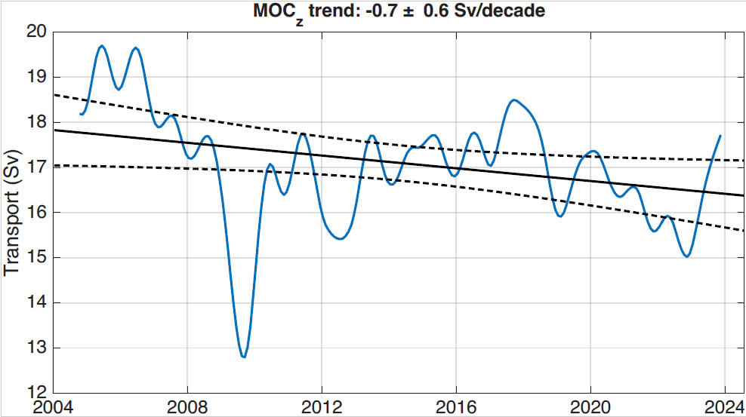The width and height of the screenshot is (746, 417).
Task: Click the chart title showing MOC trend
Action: click(x=399, y=12)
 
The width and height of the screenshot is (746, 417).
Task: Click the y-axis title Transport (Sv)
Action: click(x=11, y=213)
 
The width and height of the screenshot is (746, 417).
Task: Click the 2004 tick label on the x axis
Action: click(x=54, y=407)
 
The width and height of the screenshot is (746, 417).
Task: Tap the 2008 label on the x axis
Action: click(x=187, y=407)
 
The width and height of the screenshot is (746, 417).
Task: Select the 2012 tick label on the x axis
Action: click(x=322, y=407)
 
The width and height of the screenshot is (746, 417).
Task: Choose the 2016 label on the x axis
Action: click(x=456, y=407)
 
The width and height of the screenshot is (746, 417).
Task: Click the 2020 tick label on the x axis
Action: click(x=590, y=407)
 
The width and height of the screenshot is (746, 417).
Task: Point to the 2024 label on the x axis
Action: click(x=725, y=407)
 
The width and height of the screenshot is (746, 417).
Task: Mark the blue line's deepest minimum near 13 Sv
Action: click(x=244, y=357)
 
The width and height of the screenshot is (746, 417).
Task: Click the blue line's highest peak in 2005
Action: click(x=101, y=46)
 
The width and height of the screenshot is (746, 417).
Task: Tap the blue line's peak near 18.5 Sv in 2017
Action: click(x=513, y=100)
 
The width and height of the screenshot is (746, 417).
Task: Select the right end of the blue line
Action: click(x=720, y=136)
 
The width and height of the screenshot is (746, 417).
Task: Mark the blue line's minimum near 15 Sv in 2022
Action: click(x=686, y=256)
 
